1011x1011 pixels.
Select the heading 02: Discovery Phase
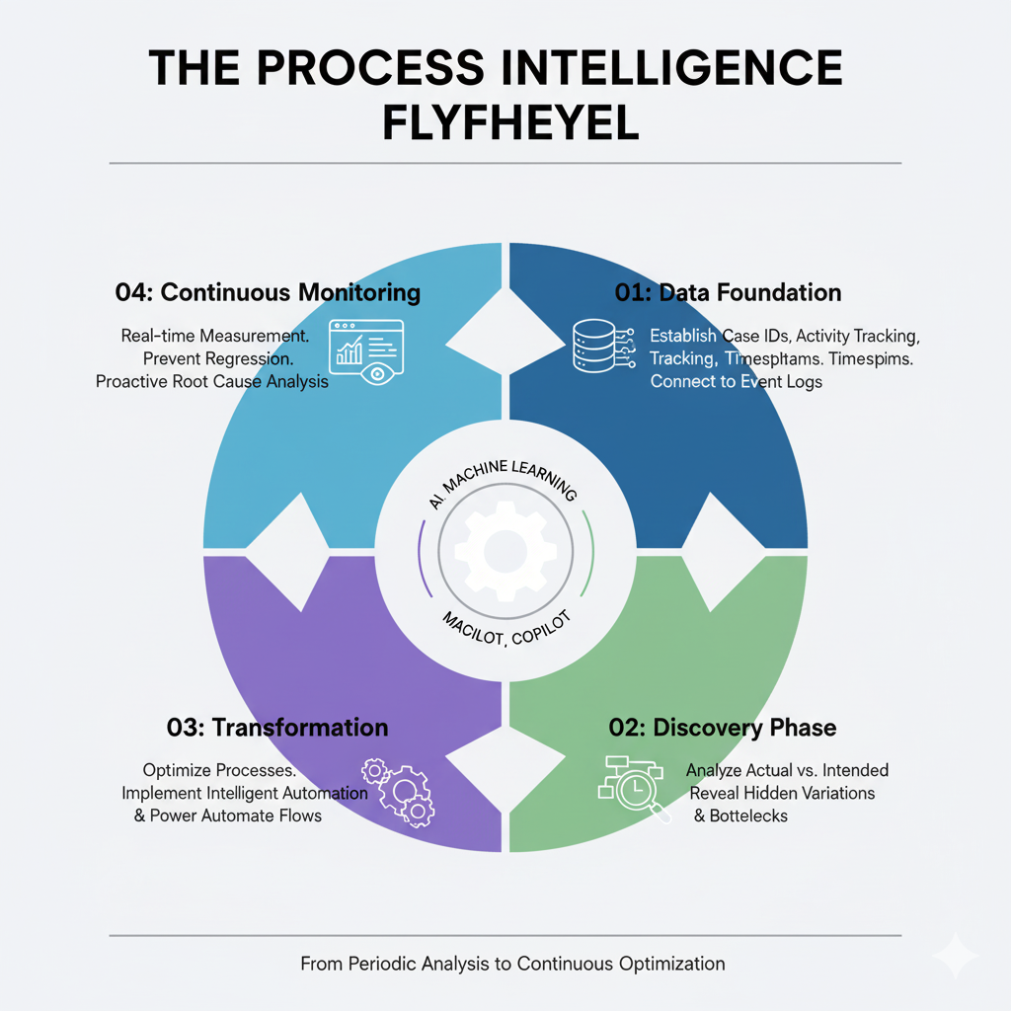click(x=723, y=728)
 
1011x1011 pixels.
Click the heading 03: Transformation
click(x=277, y=728)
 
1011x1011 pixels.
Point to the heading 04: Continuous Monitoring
click(x=268, y=292)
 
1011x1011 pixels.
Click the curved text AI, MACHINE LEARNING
click(x=503, y=483)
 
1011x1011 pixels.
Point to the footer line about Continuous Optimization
click(x=512, y=964)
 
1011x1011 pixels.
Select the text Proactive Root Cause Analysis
click(x=212, y=380)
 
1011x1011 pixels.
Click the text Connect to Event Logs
click(x=736, y=381)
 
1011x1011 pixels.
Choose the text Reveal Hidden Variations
click(x=782, y=793)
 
